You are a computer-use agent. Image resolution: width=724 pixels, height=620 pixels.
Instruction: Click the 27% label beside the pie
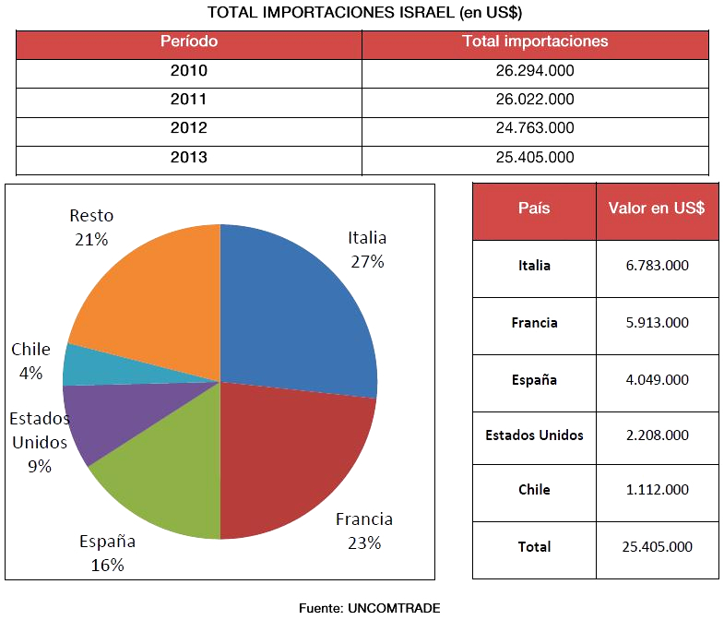(x=367, y=261)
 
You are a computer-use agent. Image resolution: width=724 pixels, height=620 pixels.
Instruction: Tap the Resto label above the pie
(x=91, y=216)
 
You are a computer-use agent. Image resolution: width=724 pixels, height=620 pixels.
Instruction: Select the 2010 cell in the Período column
(x=188, y=71)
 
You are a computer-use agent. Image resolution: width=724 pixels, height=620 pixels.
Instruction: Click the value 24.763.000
(x=535, y=128)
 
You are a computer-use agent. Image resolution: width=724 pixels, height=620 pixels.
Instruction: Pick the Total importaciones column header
(x=535, y=42)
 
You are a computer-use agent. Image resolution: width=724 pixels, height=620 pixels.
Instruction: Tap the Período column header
(x=188, y=42)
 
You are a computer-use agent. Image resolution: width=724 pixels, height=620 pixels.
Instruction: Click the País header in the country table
(x=534, y=209)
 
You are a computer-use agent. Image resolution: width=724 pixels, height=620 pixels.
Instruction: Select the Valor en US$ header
(x=657, y=209)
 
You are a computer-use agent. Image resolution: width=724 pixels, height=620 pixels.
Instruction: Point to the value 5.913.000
(x=657, y=323)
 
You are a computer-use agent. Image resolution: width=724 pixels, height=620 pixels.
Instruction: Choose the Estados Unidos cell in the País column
(x=534, y=435)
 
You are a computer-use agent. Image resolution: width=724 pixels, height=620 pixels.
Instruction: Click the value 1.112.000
(x=657, y=490)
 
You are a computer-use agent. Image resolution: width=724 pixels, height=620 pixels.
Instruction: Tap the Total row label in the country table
(x=534, y=546)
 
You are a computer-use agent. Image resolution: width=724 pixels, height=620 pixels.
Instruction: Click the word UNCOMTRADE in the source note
(x=394, y=607)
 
